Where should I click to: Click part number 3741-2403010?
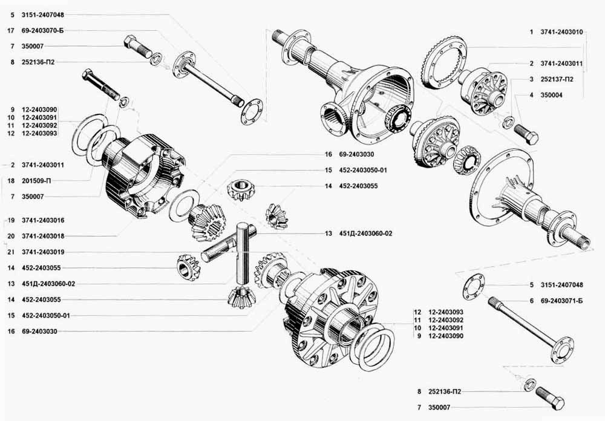(x=561, y=32)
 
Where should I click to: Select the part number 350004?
(x=551, y=95)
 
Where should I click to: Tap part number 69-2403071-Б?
(x=561, y=301)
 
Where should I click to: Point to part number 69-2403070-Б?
(x=42, y=30)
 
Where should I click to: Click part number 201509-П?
(x=36, y=181)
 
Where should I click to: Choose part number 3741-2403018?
(x=43, y=236)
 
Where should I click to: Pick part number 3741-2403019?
(x=43, y=252)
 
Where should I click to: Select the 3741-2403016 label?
(x=43, y=220)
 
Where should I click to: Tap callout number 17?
(x=11, y=30)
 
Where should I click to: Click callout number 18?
(x=11, y=181)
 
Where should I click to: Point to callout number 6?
(x=531, y=301)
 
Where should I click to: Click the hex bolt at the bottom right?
(x=550, y=397)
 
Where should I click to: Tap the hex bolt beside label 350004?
(x=526, y=134)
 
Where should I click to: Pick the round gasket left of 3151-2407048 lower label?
(x=474, y=287)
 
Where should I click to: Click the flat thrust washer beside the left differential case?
(x=184, y=203)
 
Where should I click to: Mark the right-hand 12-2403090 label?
(x=446, y=336)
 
